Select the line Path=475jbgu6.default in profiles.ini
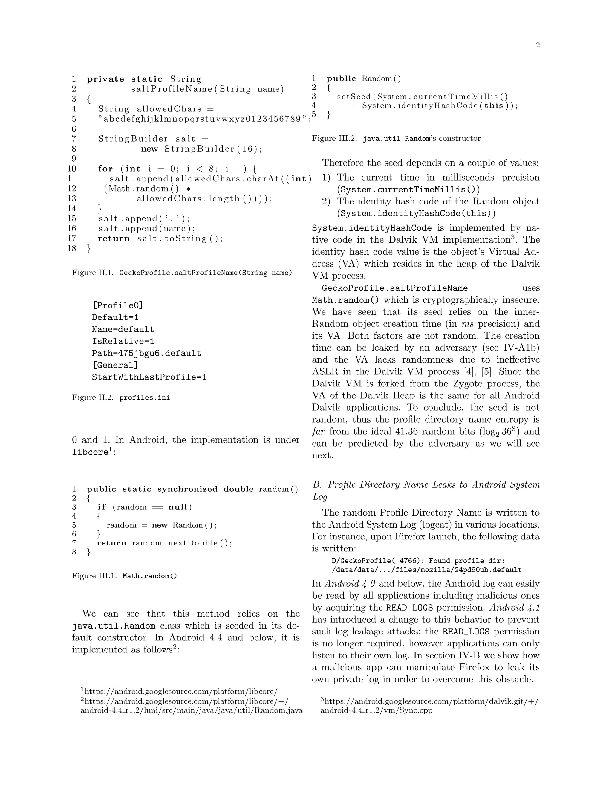click(x=146, y=353)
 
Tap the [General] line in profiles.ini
click(x=115, y=365)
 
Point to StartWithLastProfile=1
click(x=149, y=377)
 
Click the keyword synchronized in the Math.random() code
click(x=187, y=489)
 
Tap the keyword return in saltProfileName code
click(x=114, y=238)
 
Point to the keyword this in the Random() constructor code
click(x=493, y=106)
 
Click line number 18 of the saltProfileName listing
click(x=72, y=248)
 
